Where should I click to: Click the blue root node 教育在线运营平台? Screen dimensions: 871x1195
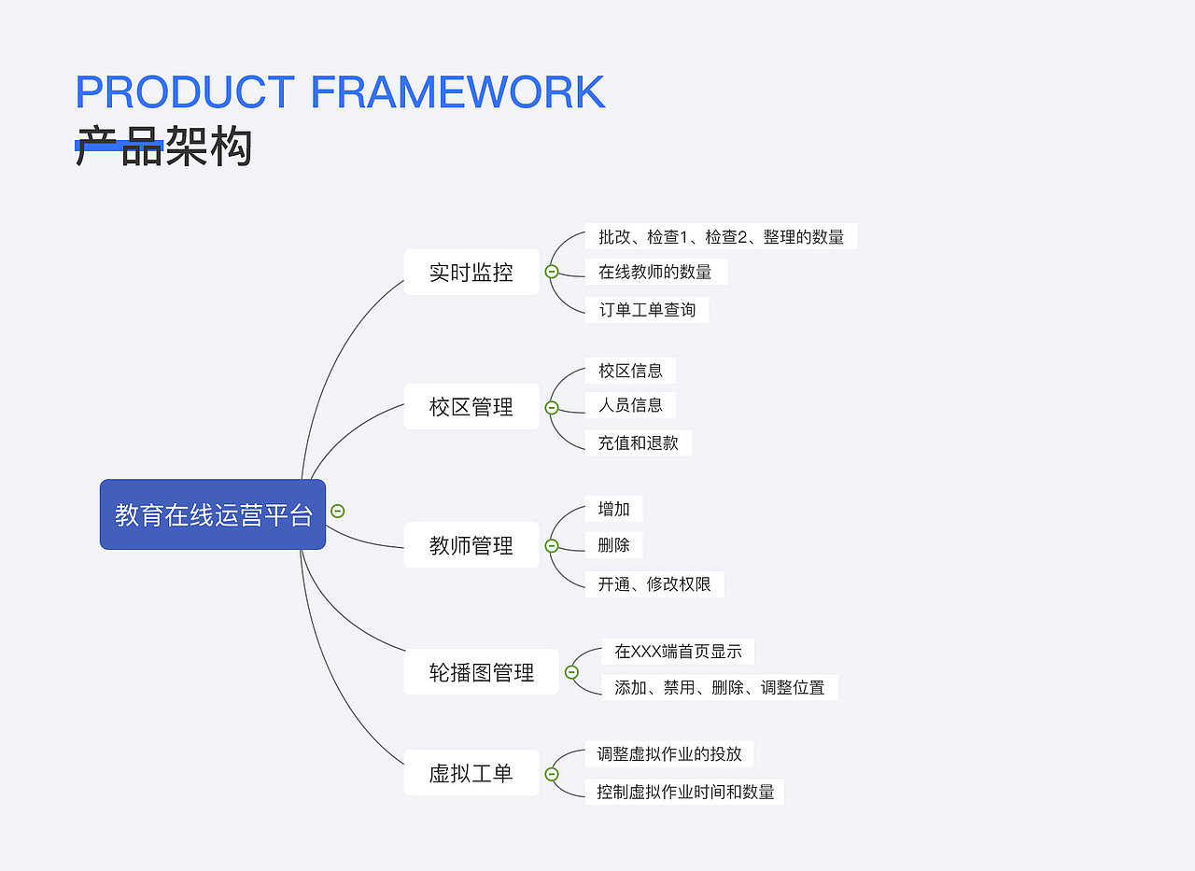213,514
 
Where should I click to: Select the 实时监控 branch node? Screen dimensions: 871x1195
471,273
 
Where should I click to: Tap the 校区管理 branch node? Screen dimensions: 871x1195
471,407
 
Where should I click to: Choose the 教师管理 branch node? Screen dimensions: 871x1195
471,545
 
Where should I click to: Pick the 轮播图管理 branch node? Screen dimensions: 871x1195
481,672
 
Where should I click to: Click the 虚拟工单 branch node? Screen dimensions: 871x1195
471,773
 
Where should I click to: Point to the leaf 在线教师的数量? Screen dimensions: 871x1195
655,272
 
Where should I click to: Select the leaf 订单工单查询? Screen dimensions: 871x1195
647,310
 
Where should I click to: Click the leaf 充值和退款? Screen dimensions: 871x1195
639,443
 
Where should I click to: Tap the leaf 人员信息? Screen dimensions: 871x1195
630,405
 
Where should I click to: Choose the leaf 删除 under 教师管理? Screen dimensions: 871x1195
613,545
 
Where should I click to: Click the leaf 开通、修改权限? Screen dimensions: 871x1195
654,584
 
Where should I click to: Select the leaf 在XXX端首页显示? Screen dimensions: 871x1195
678,652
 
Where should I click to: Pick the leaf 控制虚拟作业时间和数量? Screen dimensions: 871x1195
685,792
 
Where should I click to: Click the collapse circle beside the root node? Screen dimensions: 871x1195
338,511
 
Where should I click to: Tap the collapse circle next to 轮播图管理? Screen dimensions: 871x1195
571,672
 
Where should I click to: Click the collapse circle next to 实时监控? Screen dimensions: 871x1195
552,272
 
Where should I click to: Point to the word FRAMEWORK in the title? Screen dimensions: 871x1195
457,92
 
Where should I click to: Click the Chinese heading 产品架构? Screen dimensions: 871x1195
163,148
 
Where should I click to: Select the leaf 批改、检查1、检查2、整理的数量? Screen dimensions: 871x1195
721,237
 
